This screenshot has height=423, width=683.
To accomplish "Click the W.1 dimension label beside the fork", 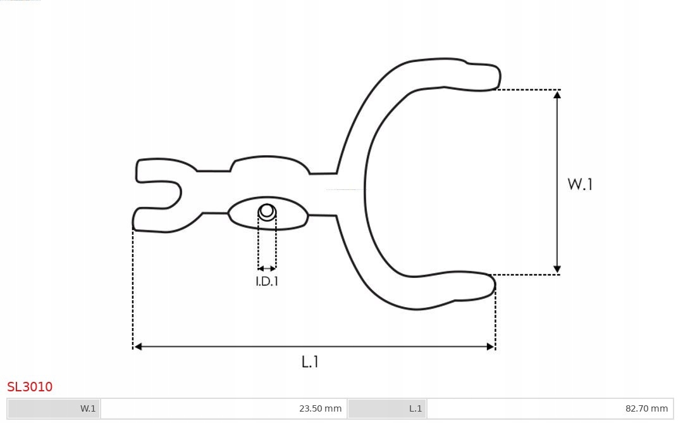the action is [580, 184].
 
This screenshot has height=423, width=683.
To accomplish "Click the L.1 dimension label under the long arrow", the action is [310, 362].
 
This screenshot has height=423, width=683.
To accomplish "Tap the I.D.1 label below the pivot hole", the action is [267, 282].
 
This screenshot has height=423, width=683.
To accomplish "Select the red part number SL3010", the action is [30, 387].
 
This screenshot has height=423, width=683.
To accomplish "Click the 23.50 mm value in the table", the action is [320, 408].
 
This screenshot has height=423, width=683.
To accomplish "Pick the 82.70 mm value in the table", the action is [646, 408].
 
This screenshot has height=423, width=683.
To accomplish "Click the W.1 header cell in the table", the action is [88, 408].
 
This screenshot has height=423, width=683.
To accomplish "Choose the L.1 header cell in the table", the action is [415, 408].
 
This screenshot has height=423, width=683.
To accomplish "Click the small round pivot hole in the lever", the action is [267, 211].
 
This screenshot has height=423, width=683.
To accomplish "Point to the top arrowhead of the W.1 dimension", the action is [557, 94].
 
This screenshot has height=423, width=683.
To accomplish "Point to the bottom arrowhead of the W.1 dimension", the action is [557, 270].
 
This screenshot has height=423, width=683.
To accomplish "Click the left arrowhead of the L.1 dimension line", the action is [138, 346].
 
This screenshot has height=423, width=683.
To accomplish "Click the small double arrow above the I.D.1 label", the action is [267, 268].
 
